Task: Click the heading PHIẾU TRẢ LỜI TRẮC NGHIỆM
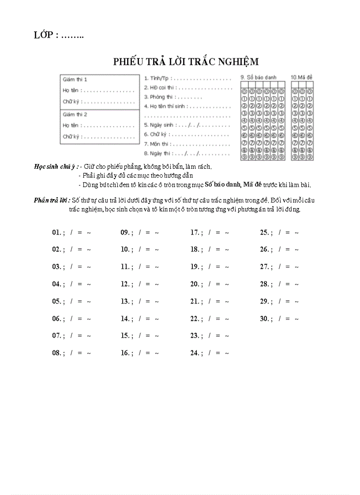point(186,62)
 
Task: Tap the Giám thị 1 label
point(75,80)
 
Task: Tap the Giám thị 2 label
point(75,114)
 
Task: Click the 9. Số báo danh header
point(259,77)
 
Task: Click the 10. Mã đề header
point(302,77)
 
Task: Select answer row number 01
point(57,232)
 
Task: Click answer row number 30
point(265,318)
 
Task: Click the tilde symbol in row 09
point(157,232)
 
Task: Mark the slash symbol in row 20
point(210,284)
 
